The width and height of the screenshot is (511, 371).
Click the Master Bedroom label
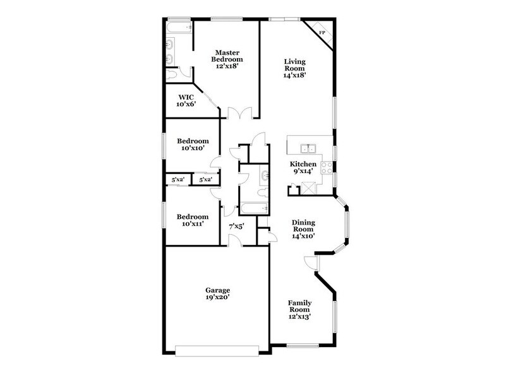coord(225,56)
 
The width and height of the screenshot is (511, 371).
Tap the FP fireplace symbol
coord(321,32)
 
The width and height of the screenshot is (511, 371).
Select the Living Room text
coord(294,65)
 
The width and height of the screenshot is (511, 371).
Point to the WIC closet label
coord(186,97)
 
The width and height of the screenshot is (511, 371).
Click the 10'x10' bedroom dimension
coord(189,149)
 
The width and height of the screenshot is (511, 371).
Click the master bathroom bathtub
coord(178,28)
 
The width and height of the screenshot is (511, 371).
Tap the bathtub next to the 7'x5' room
coord(252,208)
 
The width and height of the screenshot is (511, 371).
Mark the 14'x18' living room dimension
coord(294,74)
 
